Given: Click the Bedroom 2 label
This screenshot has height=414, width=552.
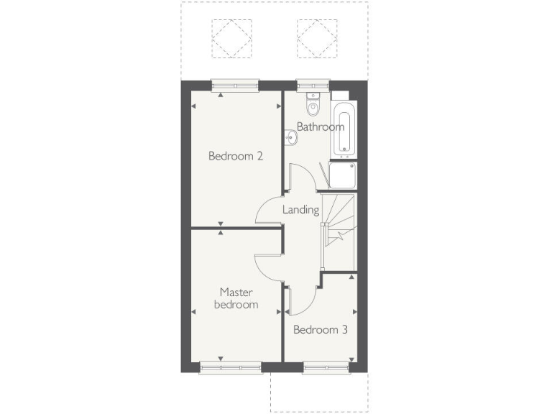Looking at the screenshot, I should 235,155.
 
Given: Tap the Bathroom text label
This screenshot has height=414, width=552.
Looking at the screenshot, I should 321,127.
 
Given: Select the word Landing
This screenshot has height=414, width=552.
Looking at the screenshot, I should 300,210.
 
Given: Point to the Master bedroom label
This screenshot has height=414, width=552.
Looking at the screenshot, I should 239,298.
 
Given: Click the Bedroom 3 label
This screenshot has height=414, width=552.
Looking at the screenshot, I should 321,330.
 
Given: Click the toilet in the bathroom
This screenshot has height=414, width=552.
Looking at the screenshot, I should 313,107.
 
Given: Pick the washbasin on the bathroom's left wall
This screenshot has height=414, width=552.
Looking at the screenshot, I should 290,137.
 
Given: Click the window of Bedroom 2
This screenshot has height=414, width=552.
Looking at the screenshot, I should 235,85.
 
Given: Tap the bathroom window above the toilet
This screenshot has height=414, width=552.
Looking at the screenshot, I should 309,85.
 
